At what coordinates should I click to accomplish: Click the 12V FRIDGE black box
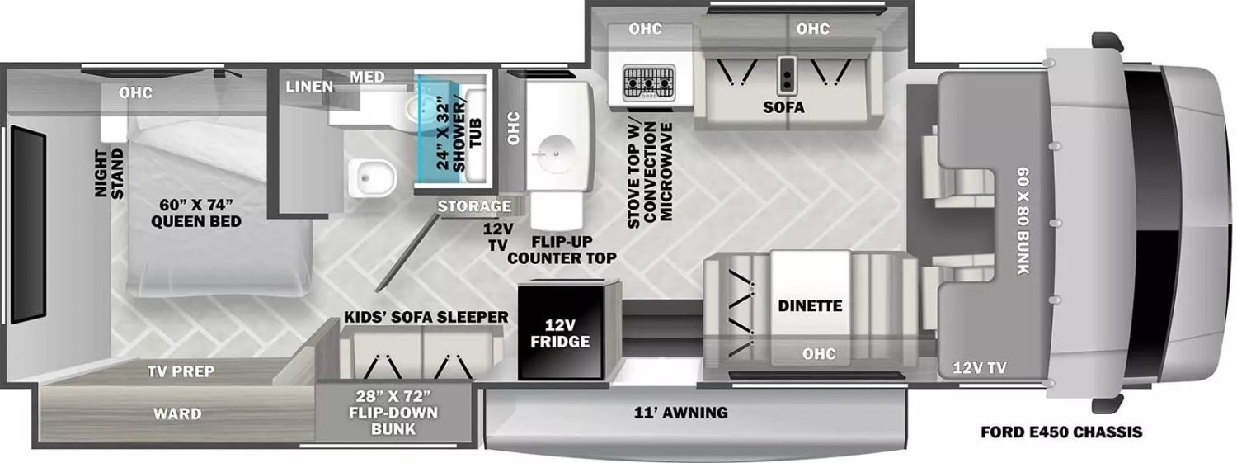tap(568, 330)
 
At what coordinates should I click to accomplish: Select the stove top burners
tap(649, 82)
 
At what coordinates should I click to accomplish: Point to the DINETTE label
tap(810, 306)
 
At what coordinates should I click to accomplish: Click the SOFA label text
tap(783, 107)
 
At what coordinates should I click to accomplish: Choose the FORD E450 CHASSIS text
tap(1061, 432)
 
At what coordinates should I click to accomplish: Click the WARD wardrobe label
tap(178, 413)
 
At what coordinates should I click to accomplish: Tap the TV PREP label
tap(181, 371)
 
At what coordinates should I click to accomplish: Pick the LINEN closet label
tap(310, 86)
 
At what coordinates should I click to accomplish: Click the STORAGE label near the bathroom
tap(473, 206)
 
